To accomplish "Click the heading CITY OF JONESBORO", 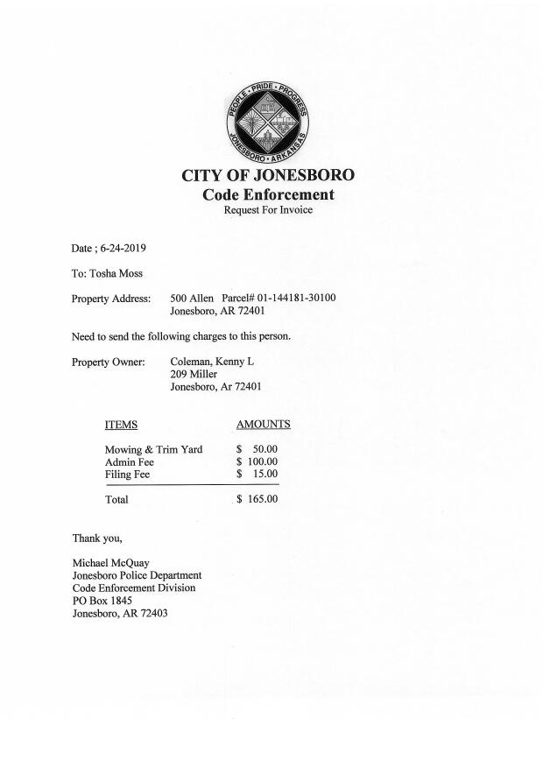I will [268, 175].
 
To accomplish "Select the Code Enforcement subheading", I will [268, 194].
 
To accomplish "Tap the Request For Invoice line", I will [268, 210].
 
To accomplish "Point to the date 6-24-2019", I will [123, 249].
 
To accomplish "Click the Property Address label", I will [111, 299].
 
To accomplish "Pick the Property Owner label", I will [108, 362].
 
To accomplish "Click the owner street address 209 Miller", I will [193, 374].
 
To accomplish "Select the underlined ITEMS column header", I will [121, 425].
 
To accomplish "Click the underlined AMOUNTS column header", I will [263, 425].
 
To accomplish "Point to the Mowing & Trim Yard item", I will [153, 450].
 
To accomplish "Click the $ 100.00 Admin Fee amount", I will [257, 462].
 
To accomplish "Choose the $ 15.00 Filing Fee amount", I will [257, 475].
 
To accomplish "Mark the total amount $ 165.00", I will [257, 500].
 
